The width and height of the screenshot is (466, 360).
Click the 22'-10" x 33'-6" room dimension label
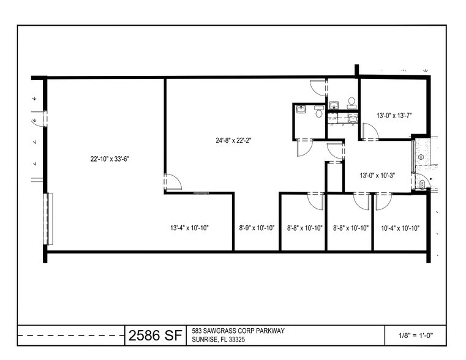coord(110,159)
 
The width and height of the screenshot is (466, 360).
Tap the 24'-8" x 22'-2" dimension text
coord(233,140)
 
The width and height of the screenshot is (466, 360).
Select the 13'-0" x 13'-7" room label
coord(394,116)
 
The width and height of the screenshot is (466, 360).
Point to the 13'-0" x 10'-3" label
coord(377,175)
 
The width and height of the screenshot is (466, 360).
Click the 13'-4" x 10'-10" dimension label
coord(189,228)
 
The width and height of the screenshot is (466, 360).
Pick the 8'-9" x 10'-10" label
coord(257,228)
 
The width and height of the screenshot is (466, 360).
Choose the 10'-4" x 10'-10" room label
coord(400,228)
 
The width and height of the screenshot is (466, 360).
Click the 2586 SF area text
coord(155,336)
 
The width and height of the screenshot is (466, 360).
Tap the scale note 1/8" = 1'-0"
coord(415,336)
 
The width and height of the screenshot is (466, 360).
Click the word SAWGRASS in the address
coord(217,331)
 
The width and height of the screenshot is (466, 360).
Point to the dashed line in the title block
coord(71,336)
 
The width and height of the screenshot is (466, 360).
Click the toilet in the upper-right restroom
coord(351,102)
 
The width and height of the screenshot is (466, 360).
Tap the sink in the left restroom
coord(301,110)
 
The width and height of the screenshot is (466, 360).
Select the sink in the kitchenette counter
coord(353,119)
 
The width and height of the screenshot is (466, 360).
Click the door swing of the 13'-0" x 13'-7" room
coord(371,131)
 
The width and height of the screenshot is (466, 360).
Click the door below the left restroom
coord(305,148)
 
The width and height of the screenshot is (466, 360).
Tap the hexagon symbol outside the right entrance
coord(421,157)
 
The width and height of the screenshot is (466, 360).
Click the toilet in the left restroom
coord(318,111)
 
